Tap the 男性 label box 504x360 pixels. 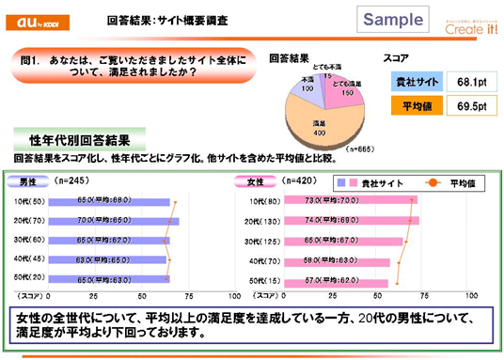click(x=26, y=180)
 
